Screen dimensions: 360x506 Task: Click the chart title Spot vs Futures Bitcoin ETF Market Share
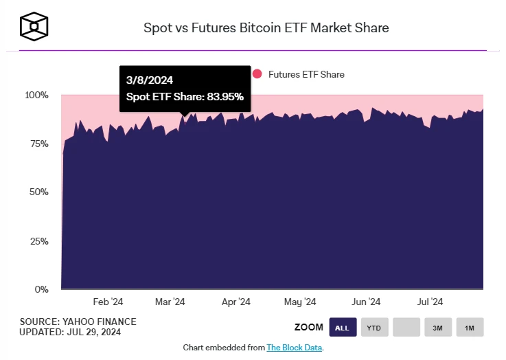[266, 28]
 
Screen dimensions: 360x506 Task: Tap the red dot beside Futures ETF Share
[257, 74]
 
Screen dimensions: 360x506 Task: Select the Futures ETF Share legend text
[306, 74]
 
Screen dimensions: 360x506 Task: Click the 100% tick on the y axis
[37, 95]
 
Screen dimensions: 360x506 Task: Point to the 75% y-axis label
[39, 144]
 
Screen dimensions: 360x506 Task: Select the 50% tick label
[39, 192]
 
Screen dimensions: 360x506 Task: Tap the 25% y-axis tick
[39, 241]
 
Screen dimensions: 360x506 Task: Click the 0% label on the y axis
[42, 289]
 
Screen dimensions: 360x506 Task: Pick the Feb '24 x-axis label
[108, 302]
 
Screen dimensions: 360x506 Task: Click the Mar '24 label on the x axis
[170, 302]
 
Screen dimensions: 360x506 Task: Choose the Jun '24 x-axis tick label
[365, 302]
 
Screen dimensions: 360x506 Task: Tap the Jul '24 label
[430, 302]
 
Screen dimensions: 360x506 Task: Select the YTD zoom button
[374, 328]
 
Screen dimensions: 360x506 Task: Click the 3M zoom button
[437, 328]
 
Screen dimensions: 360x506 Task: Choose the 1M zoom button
[470, 328]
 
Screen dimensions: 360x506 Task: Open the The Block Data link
[294, 348]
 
